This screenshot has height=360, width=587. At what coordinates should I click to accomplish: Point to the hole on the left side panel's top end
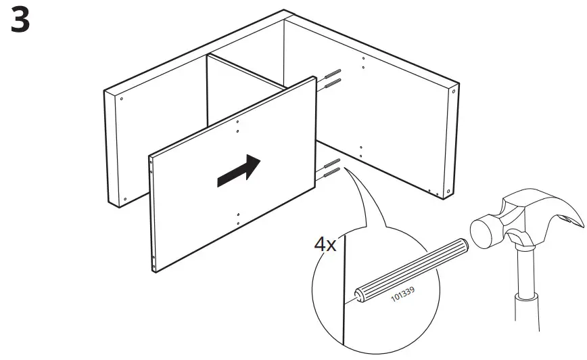tap(121, 99)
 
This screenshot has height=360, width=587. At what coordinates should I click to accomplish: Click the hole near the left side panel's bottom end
tap(124, 198)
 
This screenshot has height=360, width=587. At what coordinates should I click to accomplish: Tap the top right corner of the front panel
tap(315, 78)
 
